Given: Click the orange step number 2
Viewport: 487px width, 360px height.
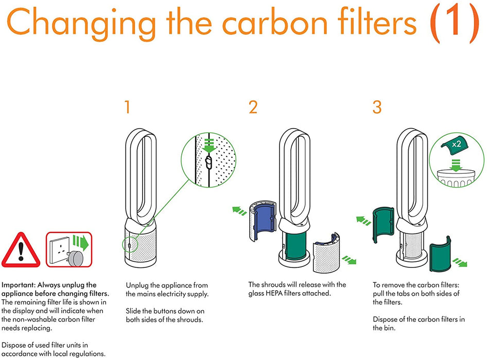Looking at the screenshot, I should coord(253,107).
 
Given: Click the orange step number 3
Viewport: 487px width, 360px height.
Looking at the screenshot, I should coord(377,107).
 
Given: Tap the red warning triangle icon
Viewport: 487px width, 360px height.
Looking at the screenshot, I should coord(21,249).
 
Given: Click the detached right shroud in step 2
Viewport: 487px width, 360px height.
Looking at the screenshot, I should coord(328,250).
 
